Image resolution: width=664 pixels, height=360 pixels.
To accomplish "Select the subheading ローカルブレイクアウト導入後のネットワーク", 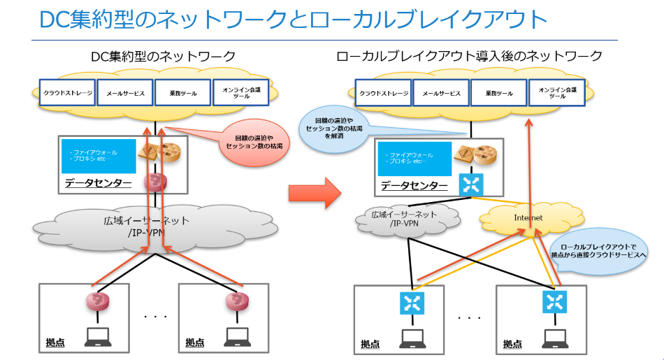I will coord(469,57).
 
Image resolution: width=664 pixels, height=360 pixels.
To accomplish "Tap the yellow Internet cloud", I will coord(528,218).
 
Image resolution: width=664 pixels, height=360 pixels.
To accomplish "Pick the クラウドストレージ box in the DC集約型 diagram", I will coord(66,92).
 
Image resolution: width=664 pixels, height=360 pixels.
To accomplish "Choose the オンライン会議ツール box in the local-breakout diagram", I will coord(557,92).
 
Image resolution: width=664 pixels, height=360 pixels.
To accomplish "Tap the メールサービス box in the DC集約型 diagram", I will coord(124,92).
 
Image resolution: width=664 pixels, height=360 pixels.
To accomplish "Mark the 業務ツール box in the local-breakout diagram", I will coord(499,92).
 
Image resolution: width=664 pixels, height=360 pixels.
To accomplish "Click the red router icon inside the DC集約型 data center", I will coord(156,182).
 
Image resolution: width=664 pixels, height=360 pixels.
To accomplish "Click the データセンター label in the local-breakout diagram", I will coord(414,185).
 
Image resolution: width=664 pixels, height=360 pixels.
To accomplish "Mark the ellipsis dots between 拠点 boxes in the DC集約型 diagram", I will coord(154,317).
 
